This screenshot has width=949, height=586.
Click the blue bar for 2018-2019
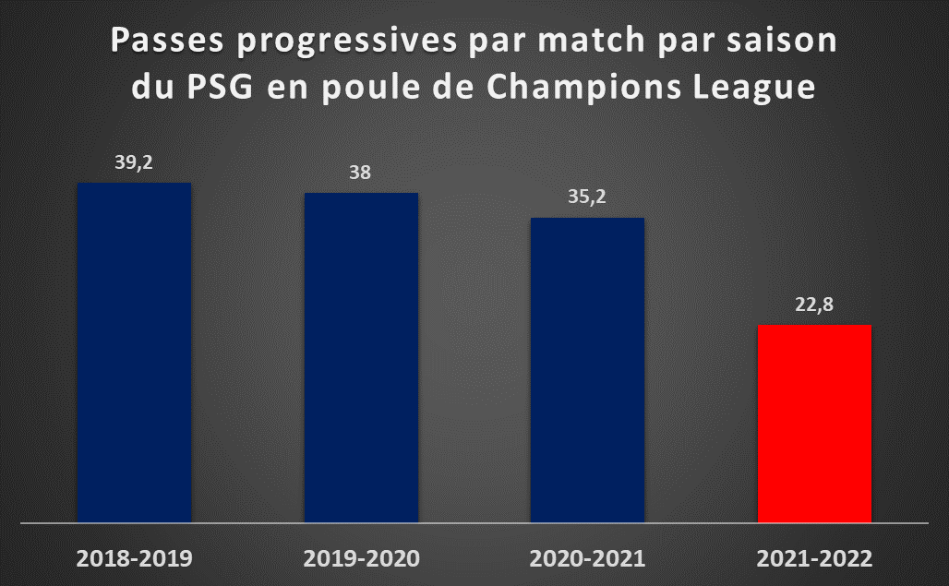click(135, 353)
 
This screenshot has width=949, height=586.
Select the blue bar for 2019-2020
click(361, 357)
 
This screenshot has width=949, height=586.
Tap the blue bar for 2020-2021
click(588, 370)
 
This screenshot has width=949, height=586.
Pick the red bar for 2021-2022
click(814, 424)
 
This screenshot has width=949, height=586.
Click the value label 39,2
click(134, 162)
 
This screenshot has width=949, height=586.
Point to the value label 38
click(360, 173)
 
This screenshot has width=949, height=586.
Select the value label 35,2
click(587, 197)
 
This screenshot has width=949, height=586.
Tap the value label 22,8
click(814, 305)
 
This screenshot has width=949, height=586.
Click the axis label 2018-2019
click(135, 558)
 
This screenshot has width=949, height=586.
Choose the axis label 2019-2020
click(361, 558)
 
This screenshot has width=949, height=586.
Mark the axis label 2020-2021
click(588, 558)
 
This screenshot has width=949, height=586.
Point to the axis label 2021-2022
click(814, 558)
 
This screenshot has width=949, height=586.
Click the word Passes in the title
click(167, 41)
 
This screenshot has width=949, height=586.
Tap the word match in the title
click(592, 41)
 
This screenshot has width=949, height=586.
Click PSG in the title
click(220, 87)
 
